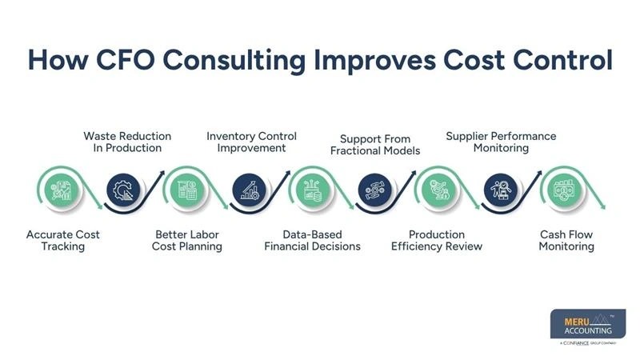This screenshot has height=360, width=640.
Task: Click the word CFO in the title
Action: click(x=126, y=59)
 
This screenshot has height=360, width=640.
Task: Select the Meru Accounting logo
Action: click(x=588, y=327)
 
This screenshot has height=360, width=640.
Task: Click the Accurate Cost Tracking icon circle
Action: click(x=62, y=190)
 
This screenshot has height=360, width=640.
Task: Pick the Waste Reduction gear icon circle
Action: click(x=123, y=190)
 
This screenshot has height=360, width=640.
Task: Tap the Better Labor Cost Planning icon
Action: click(x=187, y=190)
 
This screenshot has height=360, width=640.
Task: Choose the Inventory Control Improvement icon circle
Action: click(x=249, y=190)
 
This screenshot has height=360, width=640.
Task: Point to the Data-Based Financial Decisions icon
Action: click(x=313, y=190)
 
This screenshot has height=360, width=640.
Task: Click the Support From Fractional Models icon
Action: click(x=374, y=190)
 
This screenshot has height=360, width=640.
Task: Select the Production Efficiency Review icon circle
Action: click(x=438, y=190)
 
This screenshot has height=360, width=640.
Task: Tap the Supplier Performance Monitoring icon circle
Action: click(x=501, y=190)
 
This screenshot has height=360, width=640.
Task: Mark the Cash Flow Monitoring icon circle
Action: click(x=565, y=190)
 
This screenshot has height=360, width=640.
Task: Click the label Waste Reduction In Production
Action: click(x=127, y=142)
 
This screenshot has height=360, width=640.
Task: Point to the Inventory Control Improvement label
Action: click(x=251, y=142)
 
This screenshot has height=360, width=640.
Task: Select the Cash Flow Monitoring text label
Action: click(x=566, y=241)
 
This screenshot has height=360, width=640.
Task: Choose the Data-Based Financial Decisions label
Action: click(x=312, y=241)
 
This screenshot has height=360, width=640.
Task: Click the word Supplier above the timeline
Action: click(x=466, y=137)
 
